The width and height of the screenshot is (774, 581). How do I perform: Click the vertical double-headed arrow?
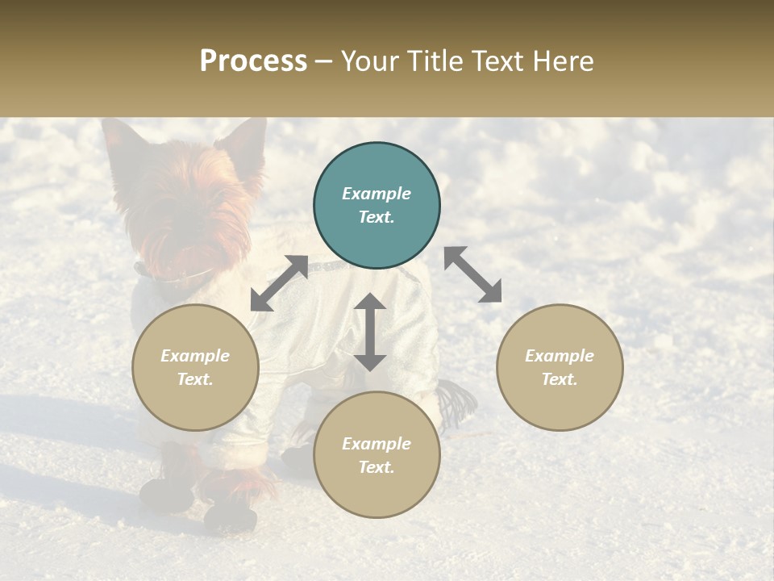pos(370,332)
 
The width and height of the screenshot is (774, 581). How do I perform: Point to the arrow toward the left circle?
pos(279,283)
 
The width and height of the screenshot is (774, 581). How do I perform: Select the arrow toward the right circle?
pos(473,274)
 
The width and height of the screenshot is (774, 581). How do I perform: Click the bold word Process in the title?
pos(253,61)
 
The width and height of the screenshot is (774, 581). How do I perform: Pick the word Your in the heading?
pos(368,61)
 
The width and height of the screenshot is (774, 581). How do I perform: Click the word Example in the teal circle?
pos(377,194)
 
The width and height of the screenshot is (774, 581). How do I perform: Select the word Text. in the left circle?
pos(195,379)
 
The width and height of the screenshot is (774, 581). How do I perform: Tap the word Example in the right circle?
pos(560,356)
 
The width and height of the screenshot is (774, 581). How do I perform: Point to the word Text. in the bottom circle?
pos(377,467)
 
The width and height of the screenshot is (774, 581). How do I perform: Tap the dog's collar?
pos(173,278)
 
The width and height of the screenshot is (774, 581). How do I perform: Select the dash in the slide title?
pos(324,61)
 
